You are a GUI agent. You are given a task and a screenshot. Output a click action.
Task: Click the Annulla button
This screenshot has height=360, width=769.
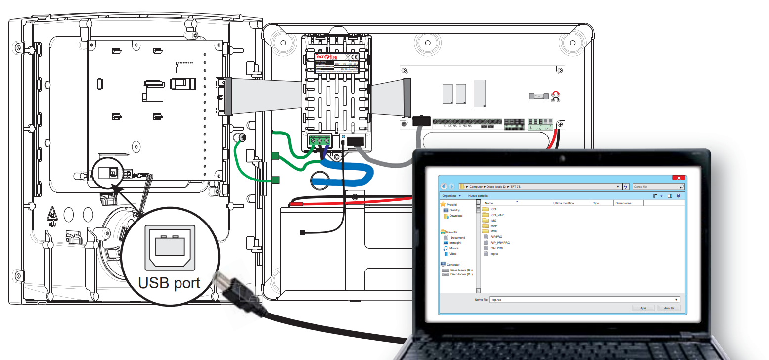[x=669, y=308]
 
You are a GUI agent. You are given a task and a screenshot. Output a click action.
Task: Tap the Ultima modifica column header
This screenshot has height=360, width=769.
[x=563, y=203]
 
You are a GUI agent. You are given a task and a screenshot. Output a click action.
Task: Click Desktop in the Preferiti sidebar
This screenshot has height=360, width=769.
[x=454, y=210]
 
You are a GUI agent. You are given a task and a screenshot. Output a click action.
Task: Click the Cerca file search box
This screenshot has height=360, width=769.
[x=658, y=187]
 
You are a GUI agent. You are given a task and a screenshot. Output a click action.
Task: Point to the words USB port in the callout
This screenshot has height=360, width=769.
[x=169, y=283]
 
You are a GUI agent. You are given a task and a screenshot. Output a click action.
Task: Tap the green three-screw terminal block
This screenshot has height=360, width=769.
[x=319, y=141]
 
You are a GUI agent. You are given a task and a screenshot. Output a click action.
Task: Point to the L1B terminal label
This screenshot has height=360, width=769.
[x=548, y=129]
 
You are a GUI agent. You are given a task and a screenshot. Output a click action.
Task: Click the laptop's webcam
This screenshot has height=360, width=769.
[x=562, y=159]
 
